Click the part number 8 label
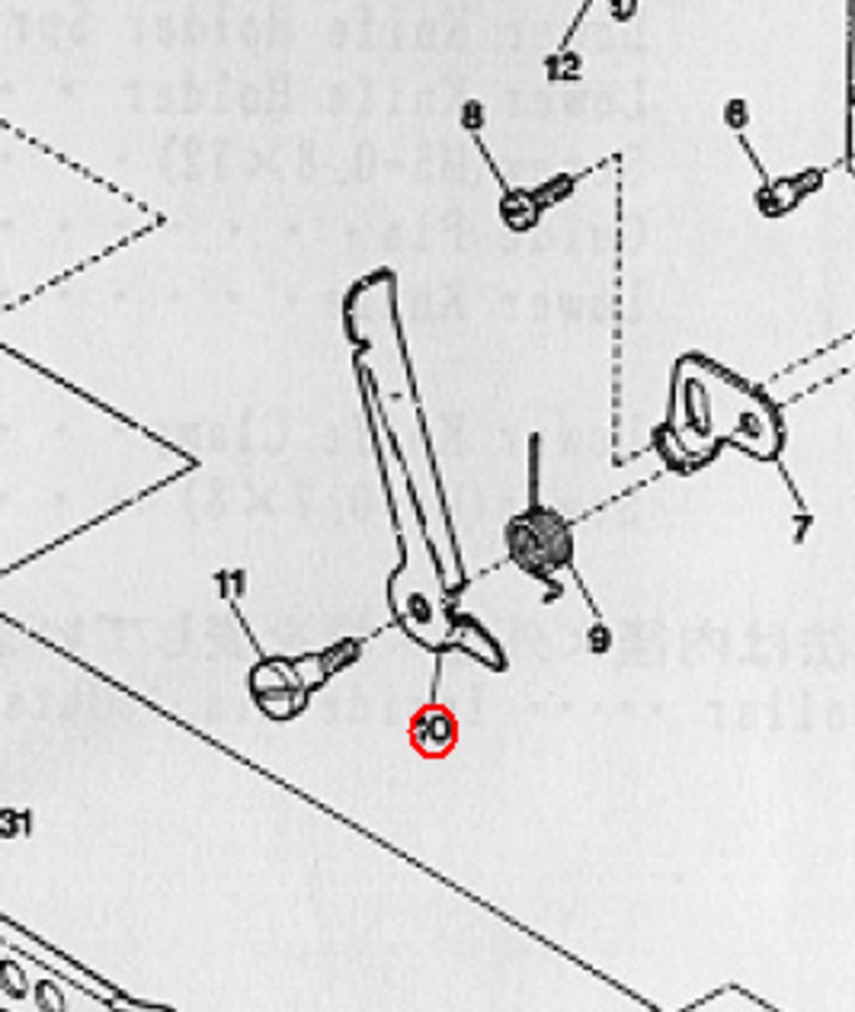coord(472,115)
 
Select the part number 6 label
coord(736,113)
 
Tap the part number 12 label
coord(563,67)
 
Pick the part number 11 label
coord(229,585)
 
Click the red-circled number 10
coord(433,731)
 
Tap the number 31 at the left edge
coord(15,824)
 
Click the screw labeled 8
coord(534,201)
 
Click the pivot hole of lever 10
coord(420,609)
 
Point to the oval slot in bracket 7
coord(697,409)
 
